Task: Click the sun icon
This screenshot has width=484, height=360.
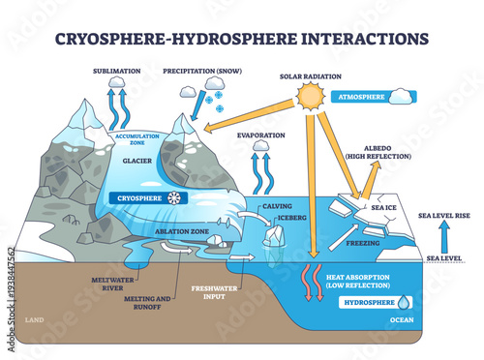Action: coord(312,98)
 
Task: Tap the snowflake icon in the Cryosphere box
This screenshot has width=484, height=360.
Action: coord(174,197)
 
